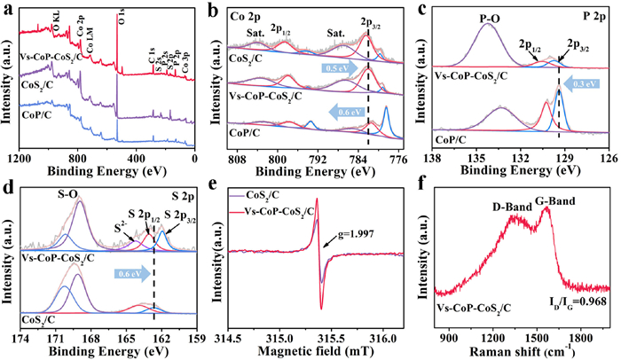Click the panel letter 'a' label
pyautogui.click(x=8, y=10)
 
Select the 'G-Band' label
pyautogui.click(x=554, y=201)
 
